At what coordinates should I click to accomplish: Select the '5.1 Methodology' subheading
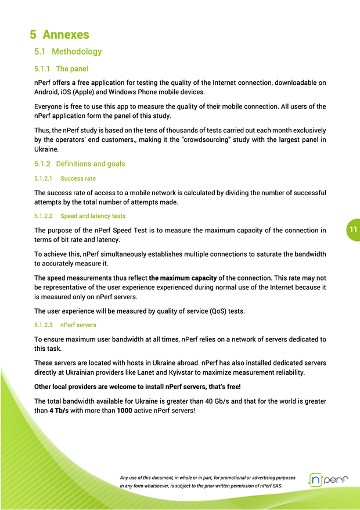pos(68,52)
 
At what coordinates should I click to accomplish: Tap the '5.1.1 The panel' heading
pos(61,69)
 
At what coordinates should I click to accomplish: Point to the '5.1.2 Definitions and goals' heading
pos(80,164)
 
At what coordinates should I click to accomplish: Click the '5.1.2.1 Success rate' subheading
pos(65,178)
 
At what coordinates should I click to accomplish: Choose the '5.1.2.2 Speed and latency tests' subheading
pos(80,216)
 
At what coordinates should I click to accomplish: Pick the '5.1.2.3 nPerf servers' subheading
pos(66,325)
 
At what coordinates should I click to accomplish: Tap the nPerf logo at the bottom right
pos(328,480)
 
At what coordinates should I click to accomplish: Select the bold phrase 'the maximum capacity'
pos(183,278)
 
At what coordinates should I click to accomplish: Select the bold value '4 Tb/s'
pos(59,411)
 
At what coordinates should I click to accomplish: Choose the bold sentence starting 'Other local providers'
pos(137,387)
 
